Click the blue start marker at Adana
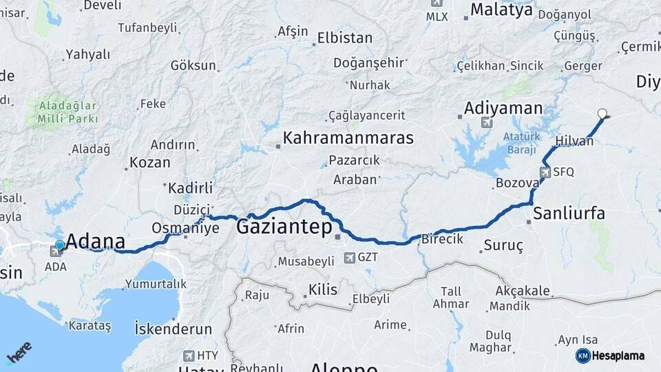[60, 245]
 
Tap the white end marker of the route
[603, 114]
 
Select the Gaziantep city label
[284, 227]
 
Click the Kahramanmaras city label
[348, 138]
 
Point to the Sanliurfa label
[569, 213]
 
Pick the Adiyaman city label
[503, 108]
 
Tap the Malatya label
[501, 10]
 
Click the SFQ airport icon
[545, 172]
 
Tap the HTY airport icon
[189, 355]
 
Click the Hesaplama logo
[610, 355]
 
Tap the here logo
[19, 352]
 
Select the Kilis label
[323, 289]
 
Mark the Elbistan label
[345, 38]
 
